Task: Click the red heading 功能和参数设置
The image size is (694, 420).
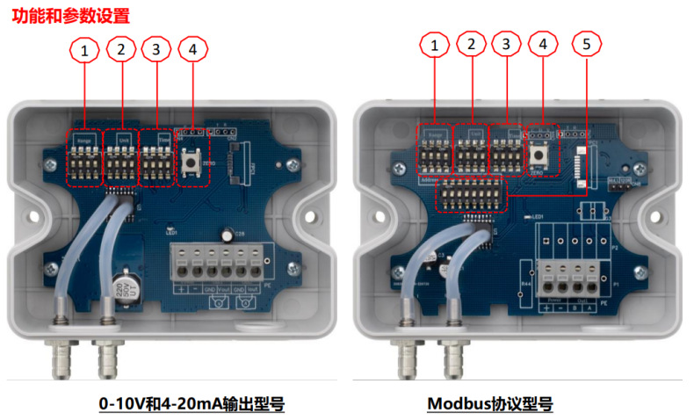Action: pos(70,15)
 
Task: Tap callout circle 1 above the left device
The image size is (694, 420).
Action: pos(84,51)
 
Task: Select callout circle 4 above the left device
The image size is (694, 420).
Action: pos(192,51)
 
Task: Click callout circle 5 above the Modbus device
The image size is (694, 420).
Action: pos(586,44)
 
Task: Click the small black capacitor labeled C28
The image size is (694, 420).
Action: pos(228,235)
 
